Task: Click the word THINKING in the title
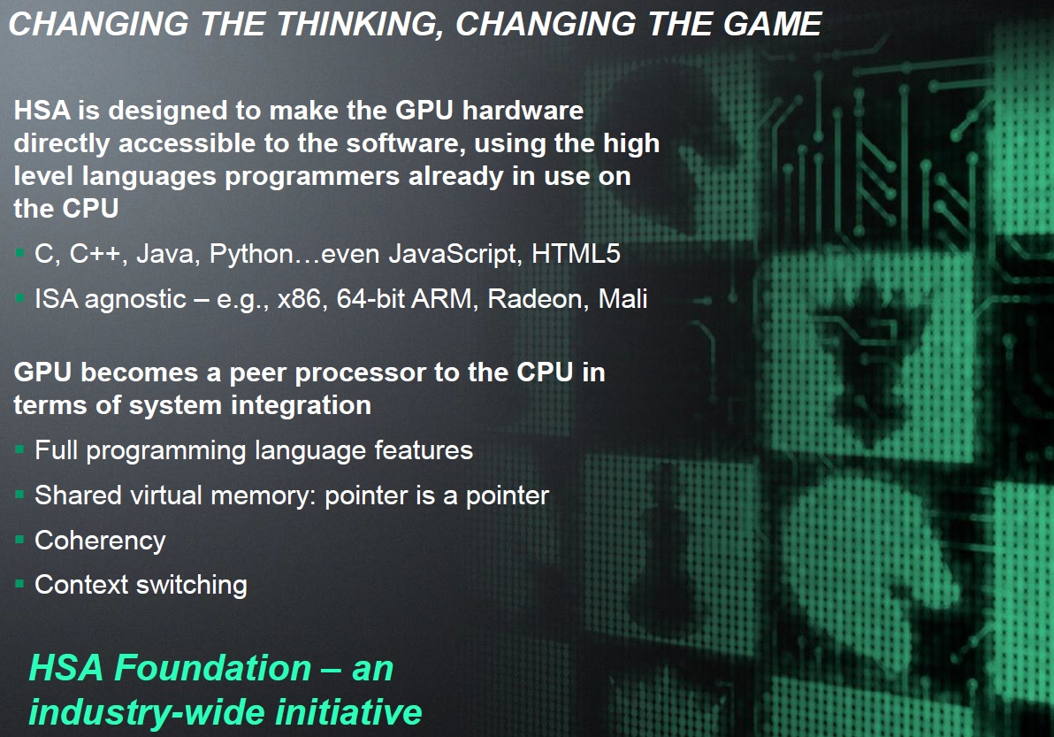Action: tap(360, 25)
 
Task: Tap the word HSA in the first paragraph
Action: tap(42, 111)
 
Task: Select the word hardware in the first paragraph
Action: tap(523, 111)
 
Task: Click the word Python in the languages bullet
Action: tap(251, 255)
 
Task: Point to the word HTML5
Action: tap(576, 254)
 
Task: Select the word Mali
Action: tap(623, 298)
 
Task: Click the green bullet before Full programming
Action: tap(19, 449)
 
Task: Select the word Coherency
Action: tap(100, 541)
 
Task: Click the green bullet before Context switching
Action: tap(19, 584)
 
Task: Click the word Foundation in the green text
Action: tap(213, 668)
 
